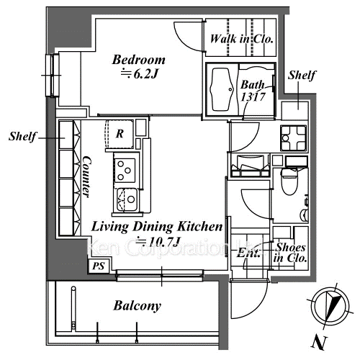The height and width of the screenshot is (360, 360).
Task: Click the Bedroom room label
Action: point(139,60)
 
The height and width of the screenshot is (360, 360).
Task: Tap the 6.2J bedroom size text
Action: point(139,74)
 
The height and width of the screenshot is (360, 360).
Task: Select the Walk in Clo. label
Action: point(241,39)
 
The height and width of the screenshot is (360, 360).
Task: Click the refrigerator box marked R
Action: point(120,134)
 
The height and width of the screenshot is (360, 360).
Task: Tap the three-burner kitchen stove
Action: point(125,171)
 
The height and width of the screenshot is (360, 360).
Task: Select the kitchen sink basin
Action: point(127,199)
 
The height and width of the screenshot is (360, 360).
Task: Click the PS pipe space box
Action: point(99,266)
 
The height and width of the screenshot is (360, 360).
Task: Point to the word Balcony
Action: point(137,306)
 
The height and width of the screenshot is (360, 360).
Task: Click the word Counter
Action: point(86,176)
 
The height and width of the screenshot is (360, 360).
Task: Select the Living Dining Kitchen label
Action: point(157,227)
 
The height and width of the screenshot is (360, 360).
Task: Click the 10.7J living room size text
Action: point(158,242)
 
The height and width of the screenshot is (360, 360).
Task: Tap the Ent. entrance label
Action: point(248,253)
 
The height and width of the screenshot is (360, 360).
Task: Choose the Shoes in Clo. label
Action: point(290,253)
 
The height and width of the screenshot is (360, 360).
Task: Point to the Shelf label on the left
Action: point(22,136)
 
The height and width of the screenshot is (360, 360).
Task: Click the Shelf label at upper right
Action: point(302,76)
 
